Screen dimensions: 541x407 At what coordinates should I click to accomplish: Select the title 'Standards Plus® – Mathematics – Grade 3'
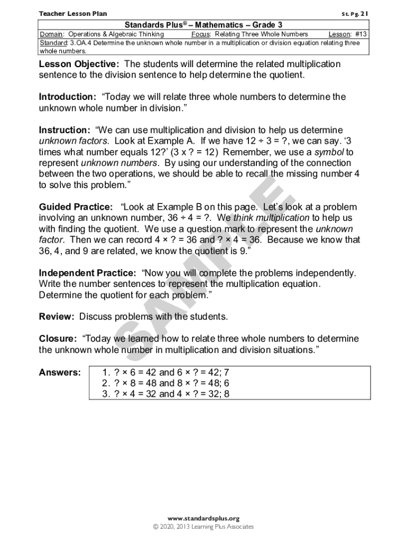[x=203, y=25]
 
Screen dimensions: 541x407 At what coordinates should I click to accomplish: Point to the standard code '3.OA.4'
[x=80, y=43]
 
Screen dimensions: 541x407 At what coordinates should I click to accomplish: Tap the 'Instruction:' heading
[x=64, y=130]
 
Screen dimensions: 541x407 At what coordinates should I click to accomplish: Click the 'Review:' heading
[x=57, y=316]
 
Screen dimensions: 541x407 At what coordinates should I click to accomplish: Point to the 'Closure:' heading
[x=58, y=339]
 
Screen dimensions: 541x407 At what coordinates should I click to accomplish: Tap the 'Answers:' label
[x=60, y=372]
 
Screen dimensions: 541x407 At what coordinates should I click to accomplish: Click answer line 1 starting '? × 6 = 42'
[x=165, y=372]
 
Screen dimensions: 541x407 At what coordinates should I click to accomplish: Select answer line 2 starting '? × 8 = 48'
[x=165, y=383]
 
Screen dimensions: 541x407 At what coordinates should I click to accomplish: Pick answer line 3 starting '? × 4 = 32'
[x=165, y=394]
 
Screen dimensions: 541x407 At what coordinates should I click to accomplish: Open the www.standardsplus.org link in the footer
[x=203, y=518]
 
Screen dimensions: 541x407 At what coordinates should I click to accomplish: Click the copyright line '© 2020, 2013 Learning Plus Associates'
[x=203, y=527]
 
